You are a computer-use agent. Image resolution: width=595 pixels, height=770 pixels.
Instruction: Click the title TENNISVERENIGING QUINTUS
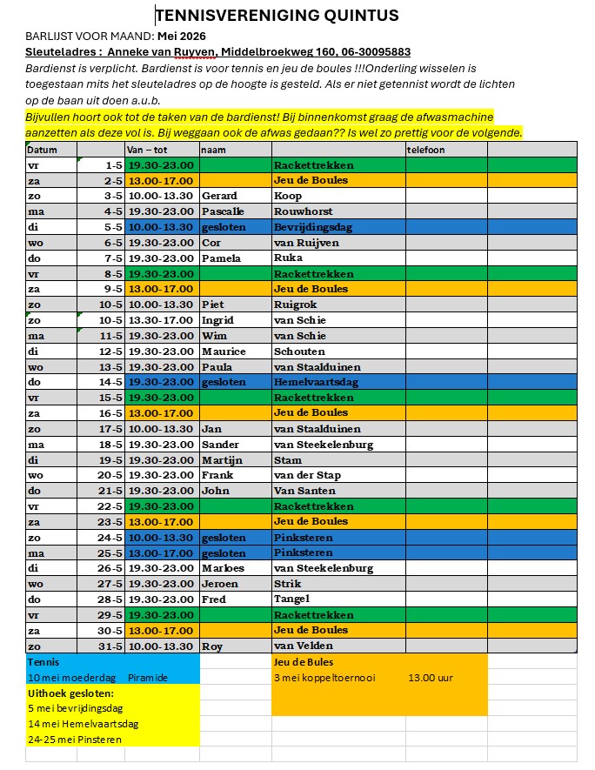click(x=277, y=15)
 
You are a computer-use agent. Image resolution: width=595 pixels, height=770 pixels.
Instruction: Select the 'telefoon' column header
click(x=426, y=150)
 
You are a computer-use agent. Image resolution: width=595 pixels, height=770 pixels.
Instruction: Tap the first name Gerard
click(x=220, y=196)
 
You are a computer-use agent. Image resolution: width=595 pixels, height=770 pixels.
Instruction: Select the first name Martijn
click(x=223, y=459)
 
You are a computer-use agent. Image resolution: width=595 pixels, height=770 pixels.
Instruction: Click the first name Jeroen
click(x=221, y=584)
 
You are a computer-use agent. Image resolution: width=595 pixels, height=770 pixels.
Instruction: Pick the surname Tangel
click(x=292, y=599)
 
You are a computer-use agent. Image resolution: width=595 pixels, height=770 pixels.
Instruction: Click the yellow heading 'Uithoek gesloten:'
click(x=70, y=693)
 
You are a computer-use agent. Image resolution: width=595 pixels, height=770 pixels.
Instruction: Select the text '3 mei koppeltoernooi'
click(x=324, y=678)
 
